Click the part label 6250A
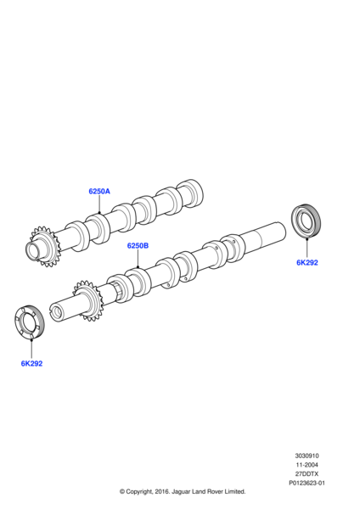(x=98, y=192)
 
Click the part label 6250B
(x=138, y=246)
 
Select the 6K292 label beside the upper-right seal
(x=307, y=263)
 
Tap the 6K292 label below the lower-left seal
(x=31, y=363)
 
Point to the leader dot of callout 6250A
(x=98, y=212)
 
